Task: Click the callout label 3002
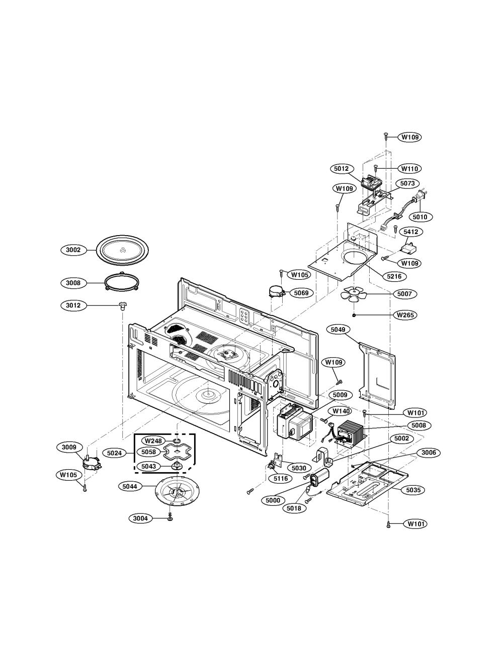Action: (x=73, y=250)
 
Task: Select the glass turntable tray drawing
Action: (x=123, y=250)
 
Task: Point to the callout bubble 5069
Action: (x=301, y=293)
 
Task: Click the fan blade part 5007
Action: (x=354, y=294)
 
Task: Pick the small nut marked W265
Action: (x=354, y=315)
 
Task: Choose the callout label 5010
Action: (x=420, y=216)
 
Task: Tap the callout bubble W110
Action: (x=409, y=168)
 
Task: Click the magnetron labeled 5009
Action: (x=295, y=422)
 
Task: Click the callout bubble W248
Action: (x=153, y=441)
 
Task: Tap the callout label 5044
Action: (x=130, y=486)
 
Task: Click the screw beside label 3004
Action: (x=171, y=518)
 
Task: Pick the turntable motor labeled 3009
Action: (x=92, y=464)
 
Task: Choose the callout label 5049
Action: (x=338, y=330)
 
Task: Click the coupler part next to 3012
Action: (x=122, y=306)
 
